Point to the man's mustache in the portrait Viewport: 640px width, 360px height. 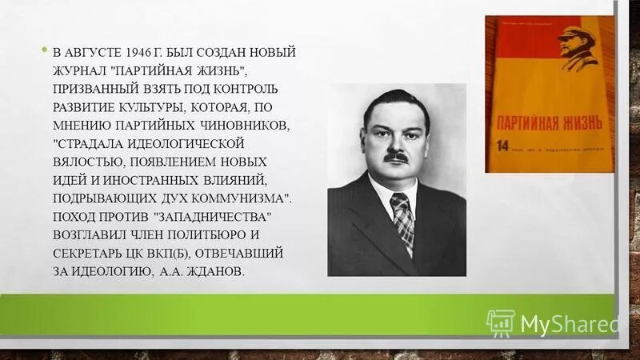pyautogui.click(x=395, y=158)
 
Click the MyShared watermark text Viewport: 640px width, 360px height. pyautogui.click(x=570, y=323)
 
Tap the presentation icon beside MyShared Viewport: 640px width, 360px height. pyautogui.click(x=499, y=322)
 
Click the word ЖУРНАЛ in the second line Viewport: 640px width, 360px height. pyautogui.click(x=81, y=70)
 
